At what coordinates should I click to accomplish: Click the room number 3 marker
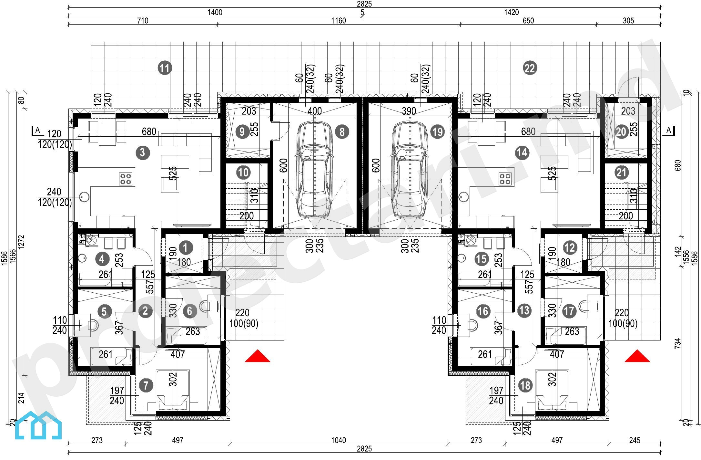pos(143,152)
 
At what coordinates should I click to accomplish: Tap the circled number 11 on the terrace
pos(165,68)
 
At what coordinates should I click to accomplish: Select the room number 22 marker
pos(530,68)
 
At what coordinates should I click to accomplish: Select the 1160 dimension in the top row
pos(338,21)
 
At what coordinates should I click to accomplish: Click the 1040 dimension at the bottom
pos(338,440)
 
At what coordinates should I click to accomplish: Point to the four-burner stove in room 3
pos(126,179)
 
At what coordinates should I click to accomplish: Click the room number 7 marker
pos(146,385)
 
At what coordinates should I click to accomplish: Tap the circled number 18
pos(525,385)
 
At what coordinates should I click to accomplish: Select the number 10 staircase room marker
pos(243,172)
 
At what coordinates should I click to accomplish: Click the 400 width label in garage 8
pos(314,111)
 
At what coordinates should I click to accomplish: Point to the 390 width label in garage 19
pos(409,111)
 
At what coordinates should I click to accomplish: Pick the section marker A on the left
pos(37,131)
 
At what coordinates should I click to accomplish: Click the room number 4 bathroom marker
pos(102,259)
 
